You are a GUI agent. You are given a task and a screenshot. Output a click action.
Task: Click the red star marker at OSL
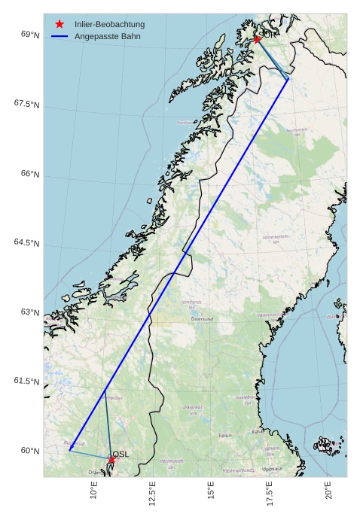pyautogui.click(x=111, y=460)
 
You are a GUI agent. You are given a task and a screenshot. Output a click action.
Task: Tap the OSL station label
pyautogui.click(x=121, y=454)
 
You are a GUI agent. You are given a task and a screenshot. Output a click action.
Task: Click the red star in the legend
pyautogui.click(x=59, y=24)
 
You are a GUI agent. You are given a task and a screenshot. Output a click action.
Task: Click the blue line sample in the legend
pyautogui.click(x=59, y=36)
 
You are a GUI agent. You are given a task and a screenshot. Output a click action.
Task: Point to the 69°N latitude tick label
pyautogui.click(x=30, y=35)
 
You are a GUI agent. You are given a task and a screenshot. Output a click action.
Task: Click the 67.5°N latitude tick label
pyautogui.click(x=26, y=104)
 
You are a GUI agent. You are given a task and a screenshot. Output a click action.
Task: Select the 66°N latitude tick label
pyautogui.click(x=30, y=174)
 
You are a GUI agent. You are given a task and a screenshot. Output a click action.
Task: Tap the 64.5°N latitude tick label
pyautogui.click(x=26, y=242)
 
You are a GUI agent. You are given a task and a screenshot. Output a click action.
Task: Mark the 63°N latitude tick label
pyautogui.click(x=30, y=312)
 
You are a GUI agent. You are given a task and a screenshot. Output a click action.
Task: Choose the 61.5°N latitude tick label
pyautogui.click(x=26, y=382)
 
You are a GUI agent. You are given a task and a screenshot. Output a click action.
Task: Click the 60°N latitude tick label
pyautogui.click(x=30, y=451)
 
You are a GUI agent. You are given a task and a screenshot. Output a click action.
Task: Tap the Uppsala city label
pyautogui.click(x=272, y=469)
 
